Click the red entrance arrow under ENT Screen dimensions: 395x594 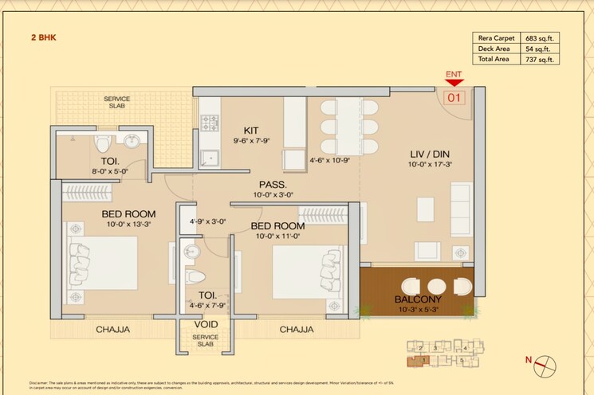[x=454, y=81]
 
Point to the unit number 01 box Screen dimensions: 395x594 [x=454, y=98]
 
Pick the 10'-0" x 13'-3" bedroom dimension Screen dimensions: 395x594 [x=128, y=224]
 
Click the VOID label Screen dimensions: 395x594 [x=205, y=325]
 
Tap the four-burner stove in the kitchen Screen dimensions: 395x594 [x=210, y=123]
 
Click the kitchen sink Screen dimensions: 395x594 [x=210, y=157]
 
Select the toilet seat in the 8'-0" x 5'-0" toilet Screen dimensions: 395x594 [x=102, y=144]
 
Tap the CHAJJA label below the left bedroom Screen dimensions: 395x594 [x=112, y=329]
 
